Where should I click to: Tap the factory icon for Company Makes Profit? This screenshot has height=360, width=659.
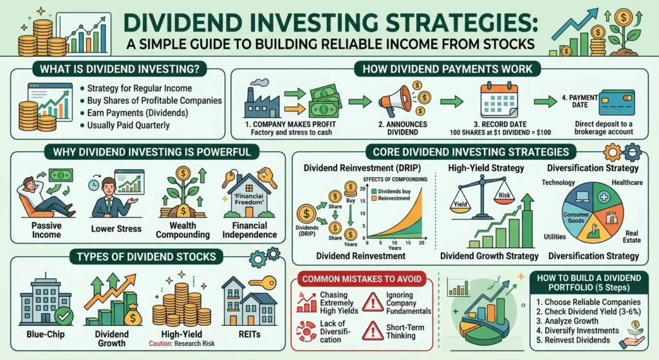pyautogui.click(x=262, y=101)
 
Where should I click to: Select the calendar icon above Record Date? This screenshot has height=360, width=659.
pyautogui.click(x=499, y=101)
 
